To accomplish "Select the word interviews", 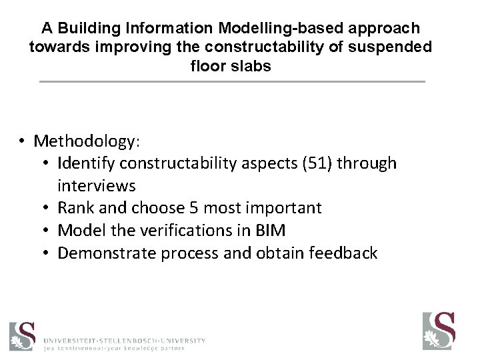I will [95, 185].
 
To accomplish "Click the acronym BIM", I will [271, 231].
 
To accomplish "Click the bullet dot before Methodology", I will [22, 141].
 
